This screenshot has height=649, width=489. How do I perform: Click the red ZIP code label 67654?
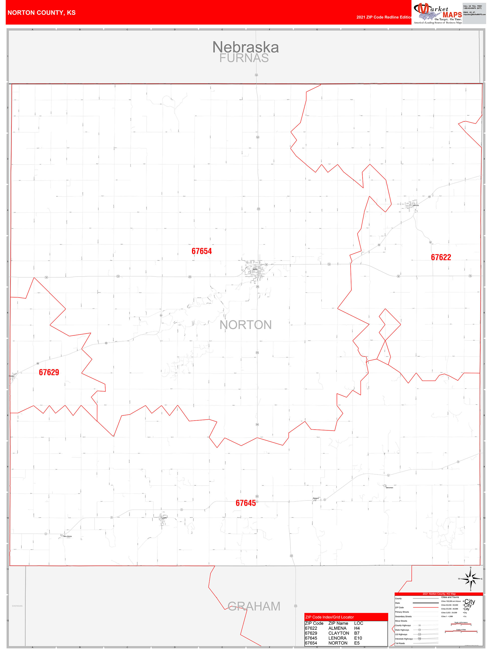pyautogui.click(x=201, y=251)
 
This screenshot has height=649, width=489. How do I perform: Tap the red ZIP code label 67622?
pyautogui.click(x=441, y=257)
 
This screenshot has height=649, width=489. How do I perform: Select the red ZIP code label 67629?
pyautogui.click(x=49, y=372)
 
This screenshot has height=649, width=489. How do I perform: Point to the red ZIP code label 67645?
pyautogui.click(x=246, y=503)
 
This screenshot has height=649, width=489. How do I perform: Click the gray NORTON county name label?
pyautogui.click(x=246, y=325)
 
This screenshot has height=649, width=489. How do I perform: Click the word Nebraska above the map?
pyautogui.click(x=245, y=47)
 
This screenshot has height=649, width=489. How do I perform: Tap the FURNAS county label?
pyautogui.click(x=244, y=58)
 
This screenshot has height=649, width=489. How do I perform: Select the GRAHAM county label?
pyautogui.click(x=254, y=606)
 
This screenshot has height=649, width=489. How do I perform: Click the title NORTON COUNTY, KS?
pyautogui.click(x=42, y=13)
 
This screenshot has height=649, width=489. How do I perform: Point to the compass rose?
pyautogui.click(x=471, y=579)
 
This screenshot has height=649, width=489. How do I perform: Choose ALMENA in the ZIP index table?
pyautogui.click(x=337, y=628)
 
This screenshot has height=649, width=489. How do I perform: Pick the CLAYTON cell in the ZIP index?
pyautogui.click(x=339, y=633)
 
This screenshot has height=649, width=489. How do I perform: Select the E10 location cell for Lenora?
pyautogui.click(x=358, y=638)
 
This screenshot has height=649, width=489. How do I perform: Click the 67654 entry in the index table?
pyautogui.click(x=311, y=643)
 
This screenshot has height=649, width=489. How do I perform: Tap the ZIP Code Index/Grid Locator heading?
pyautogui.click(x=329, y=617)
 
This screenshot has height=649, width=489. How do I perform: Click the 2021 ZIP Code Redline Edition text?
pyautogui.click(x=384, y=17)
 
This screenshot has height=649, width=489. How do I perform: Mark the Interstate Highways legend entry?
pyautogui.click(x=404, y=639)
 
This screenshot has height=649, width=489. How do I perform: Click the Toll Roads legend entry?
pyautogui.click(x=400, y=644)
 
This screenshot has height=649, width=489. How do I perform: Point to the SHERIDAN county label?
pyautogui.click(x=17, y=606)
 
